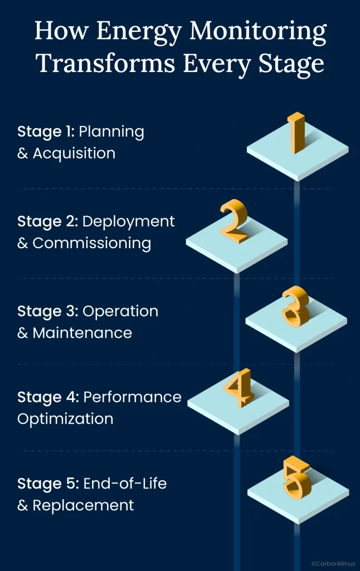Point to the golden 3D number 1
point(296,133)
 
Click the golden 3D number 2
point(233,221)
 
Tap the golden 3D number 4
point(239,388)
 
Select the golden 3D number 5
point(296,478)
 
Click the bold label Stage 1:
point(46,132)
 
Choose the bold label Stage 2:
point(48,221)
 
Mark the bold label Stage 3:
point(48,311)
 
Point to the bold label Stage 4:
point(48,397)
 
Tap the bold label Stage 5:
point(48,483)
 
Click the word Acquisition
point(74,154)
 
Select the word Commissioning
point(91,244)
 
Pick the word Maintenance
point(82,333)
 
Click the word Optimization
point(65,419)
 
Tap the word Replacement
point(83,506)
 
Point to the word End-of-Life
point(125,483)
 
